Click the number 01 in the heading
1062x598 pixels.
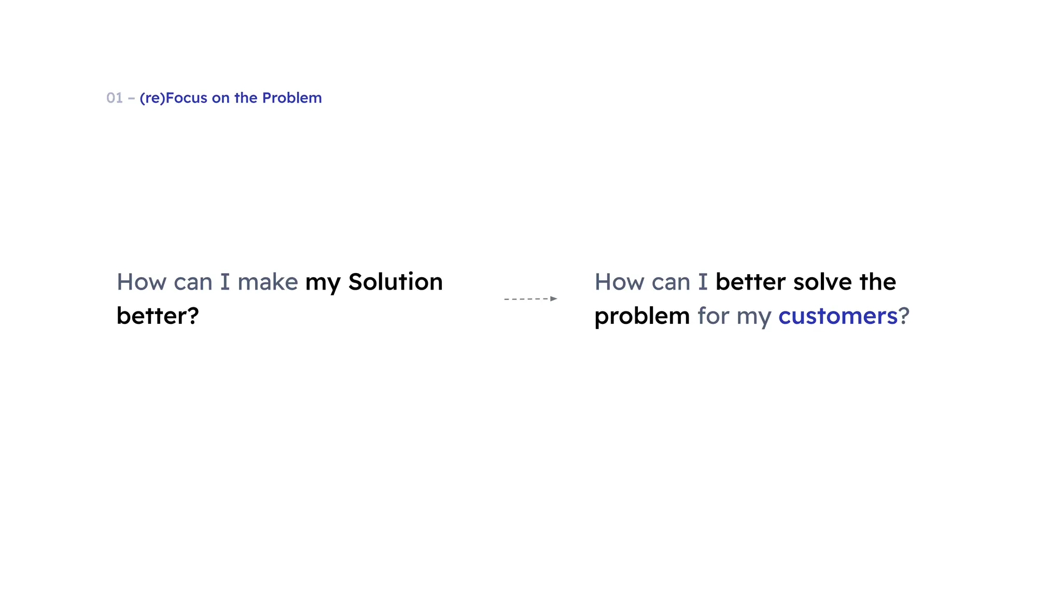tap(115, 98)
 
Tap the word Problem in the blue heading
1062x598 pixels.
tap(292, 98)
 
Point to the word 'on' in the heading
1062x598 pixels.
tap(220, 98)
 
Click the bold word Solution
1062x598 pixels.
tap(396, 282)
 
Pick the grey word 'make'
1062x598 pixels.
tap(268, 282)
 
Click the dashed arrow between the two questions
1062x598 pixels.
tap(526, 299)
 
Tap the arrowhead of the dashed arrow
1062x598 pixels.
tap(554, 298)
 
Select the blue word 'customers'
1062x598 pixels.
tap(837, 316)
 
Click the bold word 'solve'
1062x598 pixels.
tap(822, 282)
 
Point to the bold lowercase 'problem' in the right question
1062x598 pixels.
tap(642, 316)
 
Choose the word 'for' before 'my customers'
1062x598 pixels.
tap(713, 316)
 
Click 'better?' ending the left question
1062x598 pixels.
tap(158, 316)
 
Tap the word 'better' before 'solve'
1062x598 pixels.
tap(750, 282)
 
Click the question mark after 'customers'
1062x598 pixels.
tap(904, 316)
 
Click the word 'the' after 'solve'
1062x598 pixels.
tap(877, 282)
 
